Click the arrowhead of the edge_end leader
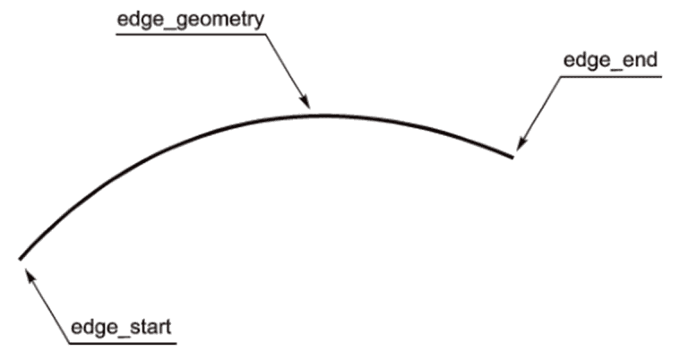coord(518,145)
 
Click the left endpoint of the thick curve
coord(20,259)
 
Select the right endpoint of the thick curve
coord(512,158)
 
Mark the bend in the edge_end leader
coord(562,76)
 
